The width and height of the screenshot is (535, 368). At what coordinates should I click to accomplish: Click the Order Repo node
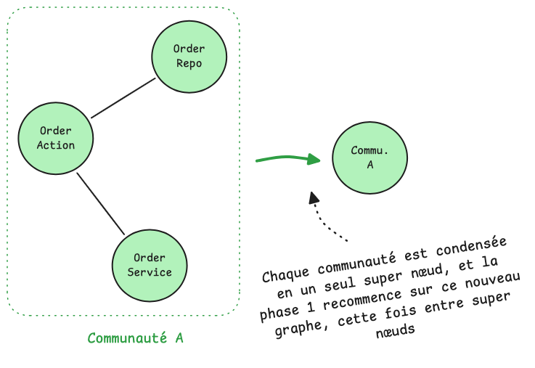(x=189, y=57)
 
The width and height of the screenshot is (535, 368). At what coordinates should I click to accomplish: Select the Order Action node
(x=56, y=138)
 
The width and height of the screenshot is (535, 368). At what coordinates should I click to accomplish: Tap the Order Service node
(x=150, y=266)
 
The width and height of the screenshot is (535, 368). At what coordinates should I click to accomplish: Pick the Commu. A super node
(x=369, y=158)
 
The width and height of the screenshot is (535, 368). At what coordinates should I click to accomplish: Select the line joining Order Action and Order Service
(x=101, y=203)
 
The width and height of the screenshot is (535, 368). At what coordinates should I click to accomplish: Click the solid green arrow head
(x=314, y=159)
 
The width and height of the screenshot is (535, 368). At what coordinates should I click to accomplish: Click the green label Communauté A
(x=135, y=338)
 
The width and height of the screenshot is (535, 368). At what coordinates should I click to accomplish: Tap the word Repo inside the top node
(x=189, y=63)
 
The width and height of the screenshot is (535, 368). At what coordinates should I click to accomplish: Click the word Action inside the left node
(x=56, y=145)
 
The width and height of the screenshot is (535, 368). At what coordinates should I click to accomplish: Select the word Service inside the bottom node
(x=150, y=272)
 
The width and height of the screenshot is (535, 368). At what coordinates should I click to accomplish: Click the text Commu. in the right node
(x=369, y=151)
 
